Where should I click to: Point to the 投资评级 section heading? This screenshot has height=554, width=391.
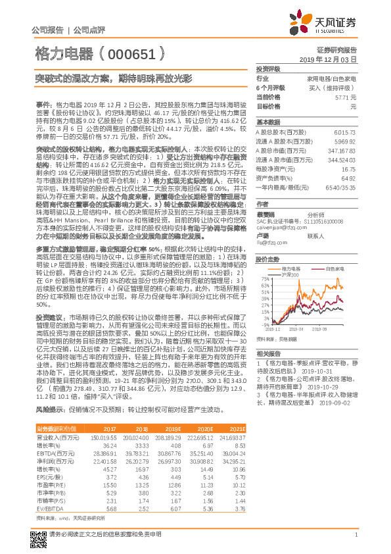tap(267, 68)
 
